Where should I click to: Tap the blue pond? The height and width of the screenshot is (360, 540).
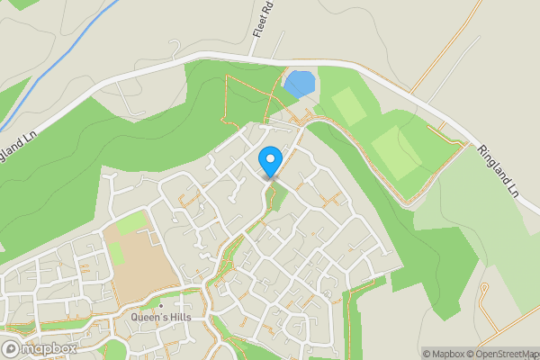300,84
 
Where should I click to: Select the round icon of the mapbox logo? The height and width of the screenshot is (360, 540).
11,348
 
